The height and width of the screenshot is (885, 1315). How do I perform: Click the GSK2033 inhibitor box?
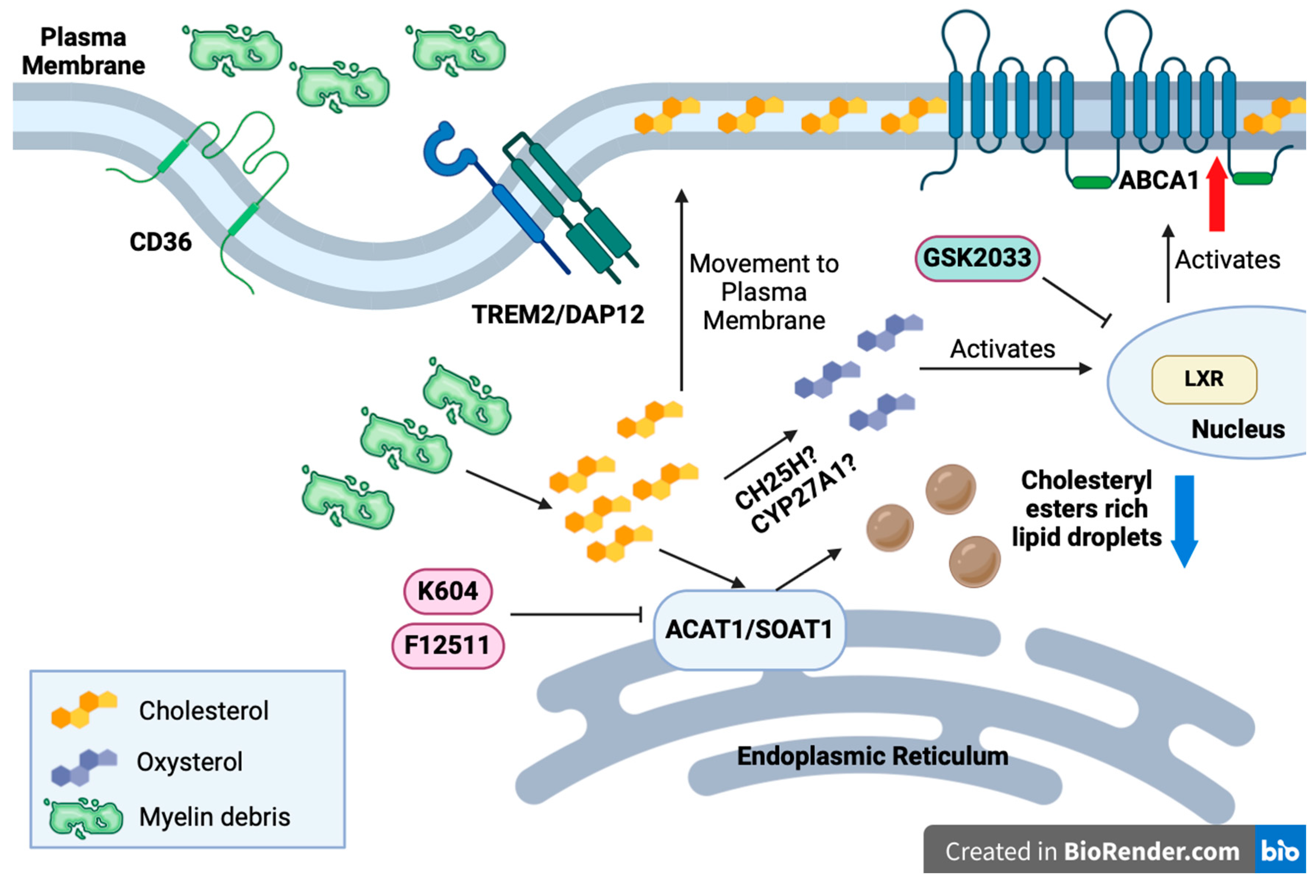(976, 259)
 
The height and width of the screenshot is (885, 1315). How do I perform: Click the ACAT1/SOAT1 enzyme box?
(749, 629)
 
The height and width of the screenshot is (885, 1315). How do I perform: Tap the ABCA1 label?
(1158, 181)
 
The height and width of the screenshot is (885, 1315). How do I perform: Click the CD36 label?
(160, 242)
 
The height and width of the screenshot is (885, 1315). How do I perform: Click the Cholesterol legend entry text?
(203, 711)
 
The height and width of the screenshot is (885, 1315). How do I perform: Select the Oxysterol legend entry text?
(189, 762)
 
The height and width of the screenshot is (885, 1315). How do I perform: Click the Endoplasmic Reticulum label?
(872, 756)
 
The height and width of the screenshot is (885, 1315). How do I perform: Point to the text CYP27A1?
(805, 494)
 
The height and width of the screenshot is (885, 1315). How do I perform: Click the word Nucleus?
(1238, 429)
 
